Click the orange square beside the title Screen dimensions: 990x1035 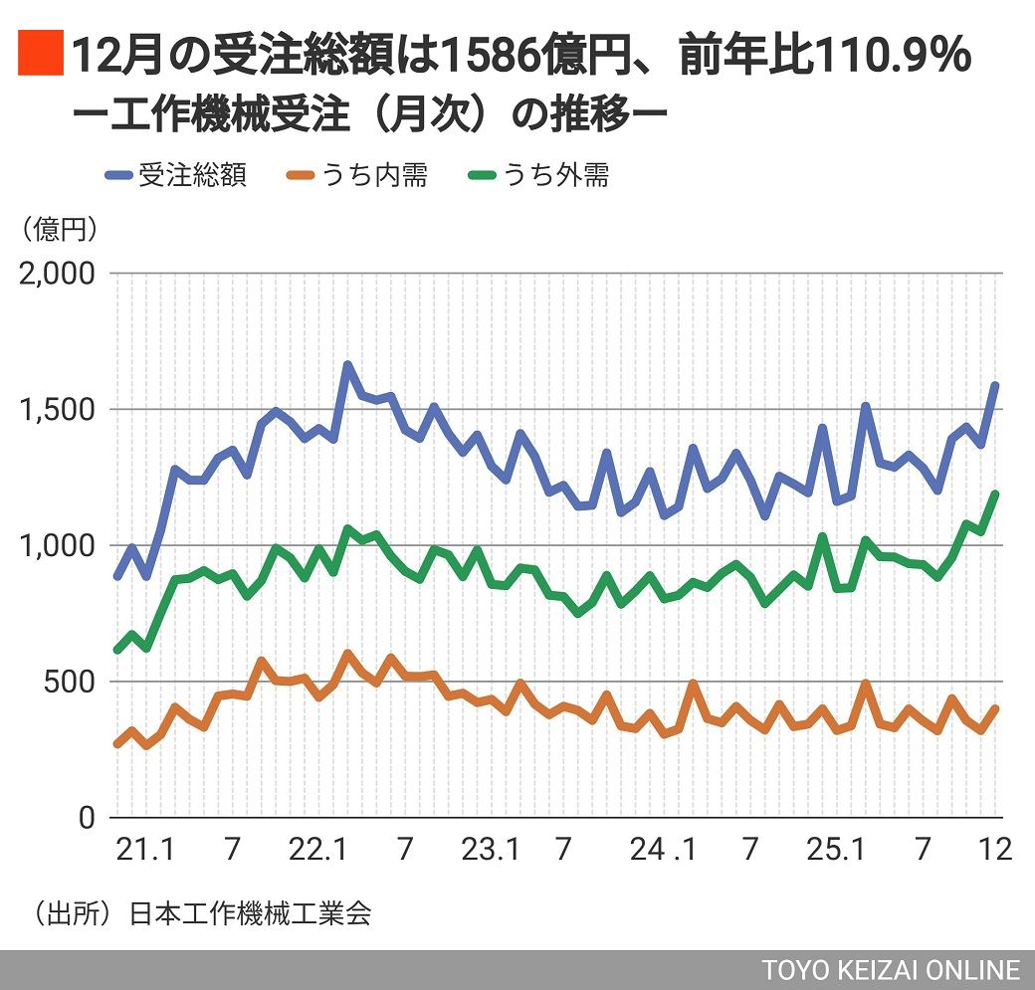[40, 55]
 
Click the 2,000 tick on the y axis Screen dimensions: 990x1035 [57, 274]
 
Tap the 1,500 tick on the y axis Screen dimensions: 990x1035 [57, 410]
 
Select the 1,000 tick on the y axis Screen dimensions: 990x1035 [57, 546]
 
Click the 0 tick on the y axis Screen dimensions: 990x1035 [87, 818]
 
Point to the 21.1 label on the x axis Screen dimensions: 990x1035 [145, 850]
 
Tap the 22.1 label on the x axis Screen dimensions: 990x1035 [318, 850]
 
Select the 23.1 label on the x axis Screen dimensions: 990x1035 [492, 850]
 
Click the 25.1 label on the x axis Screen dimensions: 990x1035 [836, 850]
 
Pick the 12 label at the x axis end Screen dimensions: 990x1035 [995, 850]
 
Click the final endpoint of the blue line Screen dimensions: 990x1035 [994, 386]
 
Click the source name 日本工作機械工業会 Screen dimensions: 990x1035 [250, 914]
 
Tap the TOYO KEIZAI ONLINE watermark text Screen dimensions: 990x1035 [891, 970]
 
